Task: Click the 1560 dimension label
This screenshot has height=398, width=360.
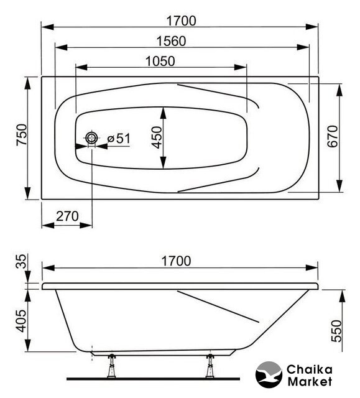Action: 171,41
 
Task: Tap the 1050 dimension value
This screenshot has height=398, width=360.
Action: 160,62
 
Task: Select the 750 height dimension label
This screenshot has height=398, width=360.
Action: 22,134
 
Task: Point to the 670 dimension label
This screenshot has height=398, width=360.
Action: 333,136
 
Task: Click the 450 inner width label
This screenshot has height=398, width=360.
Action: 157,137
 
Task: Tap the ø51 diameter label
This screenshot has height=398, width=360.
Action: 119,139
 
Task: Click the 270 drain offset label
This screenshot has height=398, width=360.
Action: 67,216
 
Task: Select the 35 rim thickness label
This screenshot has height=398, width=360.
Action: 21,261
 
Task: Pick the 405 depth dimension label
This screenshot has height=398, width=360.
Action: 21,321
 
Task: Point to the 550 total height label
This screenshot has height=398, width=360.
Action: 337,331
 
